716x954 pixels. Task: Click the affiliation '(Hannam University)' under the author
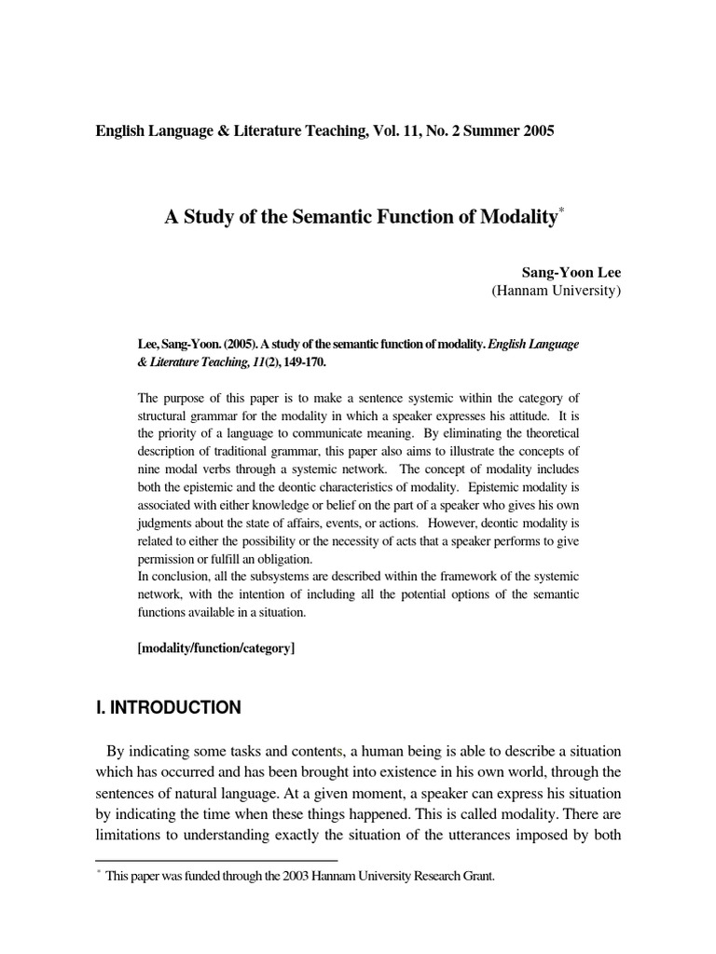coord(555,292)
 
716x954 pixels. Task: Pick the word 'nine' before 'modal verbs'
coord(151,469)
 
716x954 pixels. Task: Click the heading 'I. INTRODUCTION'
coord(168,708)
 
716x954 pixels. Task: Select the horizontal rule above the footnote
coord(216,860)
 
